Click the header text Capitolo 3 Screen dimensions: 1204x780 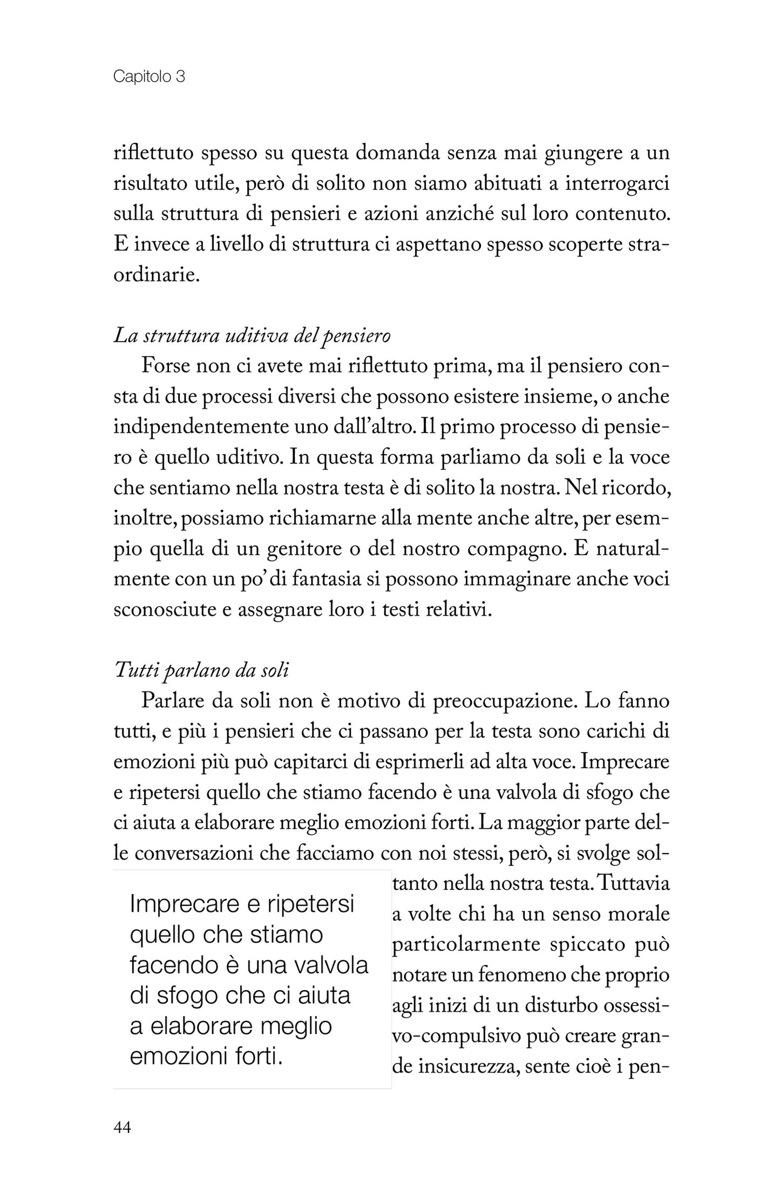tap(149, 77)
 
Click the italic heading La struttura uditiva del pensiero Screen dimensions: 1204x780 tap(252, 336)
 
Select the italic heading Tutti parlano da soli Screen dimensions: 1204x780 tap(202, 670)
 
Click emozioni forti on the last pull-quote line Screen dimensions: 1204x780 tap(206, 1057)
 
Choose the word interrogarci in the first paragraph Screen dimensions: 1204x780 tap(617, 184)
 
